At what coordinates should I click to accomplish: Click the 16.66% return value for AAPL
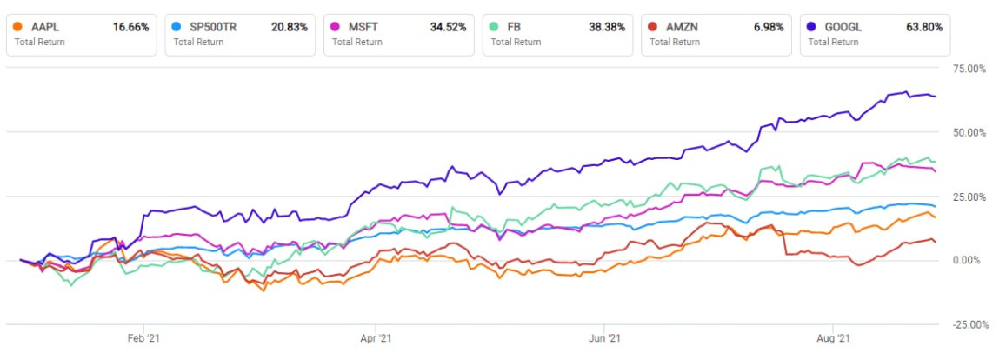[130, 27]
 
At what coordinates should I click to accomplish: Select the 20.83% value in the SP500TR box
[290, 27]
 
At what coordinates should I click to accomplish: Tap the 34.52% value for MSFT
[449, 27]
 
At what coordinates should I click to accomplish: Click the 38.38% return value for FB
[607, 27]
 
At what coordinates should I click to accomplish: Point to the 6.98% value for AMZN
[769, 27]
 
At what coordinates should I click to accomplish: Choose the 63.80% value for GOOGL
[924, 27]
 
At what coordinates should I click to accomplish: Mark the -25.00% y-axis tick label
[969, 325]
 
